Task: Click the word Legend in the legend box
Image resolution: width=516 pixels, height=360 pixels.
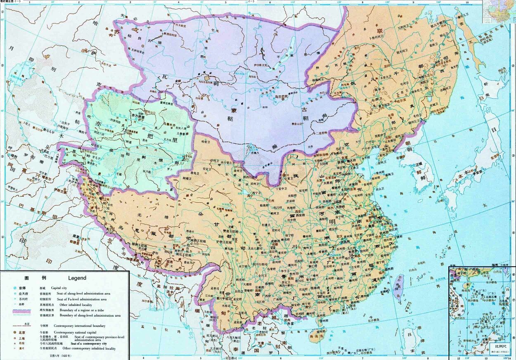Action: (x=77, y=278)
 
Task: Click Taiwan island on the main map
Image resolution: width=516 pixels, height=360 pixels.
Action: (x=399, y=285)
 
